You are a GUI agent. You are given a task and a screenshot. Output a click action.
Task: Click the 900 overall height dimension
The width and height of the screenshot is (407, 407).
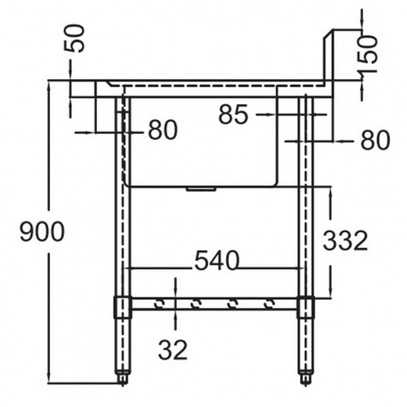[x=42, y=232]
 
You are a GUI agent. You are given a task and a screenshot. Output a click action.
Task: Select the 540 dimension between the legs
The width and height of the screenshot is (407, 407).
[x=216, y=260]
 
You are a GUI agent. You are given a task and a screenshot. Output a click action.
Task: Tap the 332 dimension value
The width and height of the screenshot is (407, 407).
[x=345, y=240]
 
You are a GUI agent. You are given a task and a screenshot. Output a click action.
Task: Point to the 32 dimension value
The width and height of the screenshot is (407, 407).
[x=173, y=350]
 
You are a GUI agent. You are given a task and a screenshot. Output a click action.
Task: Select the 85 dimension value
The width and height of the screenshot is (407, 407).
[x=233, y=116]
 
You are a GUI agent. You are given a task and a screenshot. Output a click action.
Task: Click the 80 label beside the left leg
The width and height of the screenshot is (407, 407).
[x=163, y=130]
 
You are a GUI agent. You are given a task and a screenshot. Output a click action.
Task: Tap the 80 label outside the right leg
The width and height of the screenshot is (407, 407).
[x=374, y=140]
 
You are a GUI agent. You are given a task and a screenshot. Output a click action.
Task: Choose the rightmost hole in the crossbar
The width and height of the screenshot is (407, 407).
[x=270, y=304]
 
